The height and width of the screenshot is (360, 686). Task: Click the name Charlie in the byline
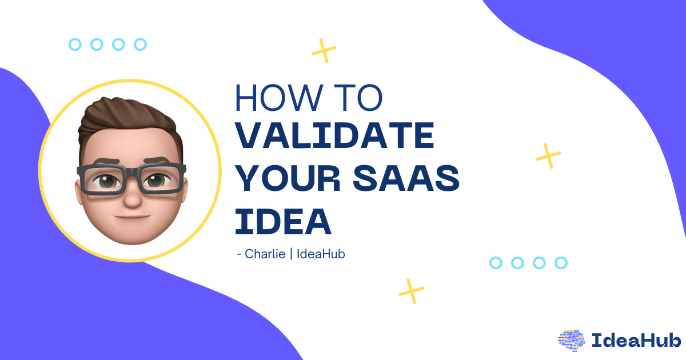coord(265,253)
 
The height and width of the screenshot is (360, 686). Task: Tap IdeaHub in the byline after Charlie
coord(321,253)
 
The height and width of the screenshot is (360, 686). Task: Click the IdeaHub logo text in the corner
coord(636,341)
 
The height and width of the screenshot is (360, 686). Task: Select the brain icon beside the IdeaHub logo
coord(572,340)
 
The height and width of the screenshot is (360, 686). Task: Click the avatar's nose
coord(131,197)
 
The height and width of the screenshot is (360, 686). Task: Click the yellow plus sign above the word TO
coord(324,50)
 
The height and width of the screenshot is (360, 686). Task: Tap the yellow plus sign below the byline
coord(412,291)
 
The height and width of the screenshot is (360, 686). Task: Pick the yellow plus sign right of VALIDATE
coord(548,155)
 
